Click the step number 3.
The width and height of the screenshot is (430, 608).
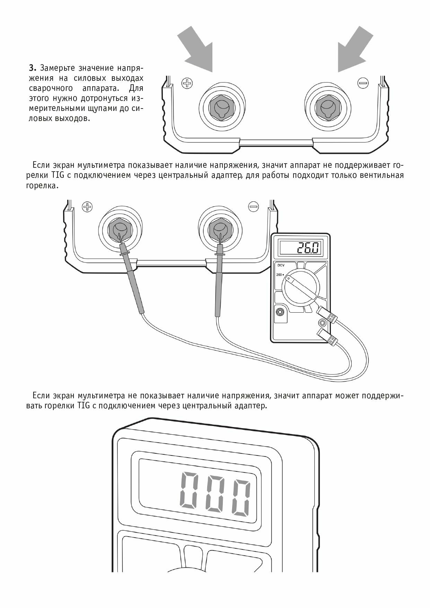pyautogui.click(x=32, y=67)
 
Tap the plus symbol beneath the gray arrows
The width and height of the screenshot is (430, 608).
pyautogui.click(x=187, y=83)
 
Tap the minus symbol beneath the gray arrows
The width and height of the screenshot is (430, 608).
pyautogui.click(x=363, y=83)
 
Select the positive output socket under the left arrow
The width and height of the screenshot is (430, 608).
pyautogui.click(x=221, y=106)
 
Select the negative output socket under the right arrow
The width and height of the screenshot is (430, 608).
pyautogui.click(x=327, y=106)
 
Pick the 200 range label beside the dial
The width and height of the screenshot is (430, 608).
pyautogui.click(x=279, y=275)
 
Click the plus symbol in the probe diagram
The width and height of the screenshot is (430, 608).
pyautogui.click(x=87, y=207)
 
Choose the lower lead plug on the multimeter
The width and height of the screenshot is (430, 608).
pyautogui.click(x=326, y=337)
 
